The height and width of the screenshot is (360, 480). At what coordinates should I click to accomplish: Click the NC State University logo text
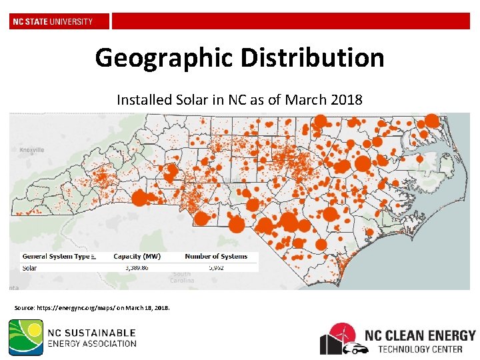tap(53, 21)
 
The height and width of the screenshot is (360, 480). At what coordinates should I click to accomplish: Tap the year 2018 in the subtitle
tap(346, 100)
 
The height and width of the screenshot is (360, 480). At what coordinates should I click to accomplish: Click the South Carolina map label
tap(181, 277)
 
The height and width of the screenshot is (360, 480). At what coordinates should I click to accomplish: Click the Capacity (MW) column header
tap(137, 256)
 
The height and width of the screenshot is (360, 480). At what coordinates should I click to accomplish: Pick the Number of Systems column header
tap(216, 256)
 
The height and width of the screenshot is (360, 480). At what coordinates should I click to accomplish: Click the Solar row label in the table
tap(30, 268)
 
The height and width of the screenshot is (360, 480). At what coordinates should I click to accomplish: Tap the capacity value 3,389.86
tap(136, 267)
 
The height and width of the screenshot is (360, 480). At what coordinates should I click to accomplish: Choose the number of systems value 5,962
tap(216, 267)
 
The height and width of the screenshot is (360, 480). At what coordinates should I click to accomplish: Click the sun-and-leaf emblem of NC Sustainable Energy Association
tap(26, 337)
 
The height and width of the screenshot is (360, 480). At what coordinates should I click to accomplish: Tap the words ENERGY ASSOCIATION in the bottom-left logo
tap(92, 344)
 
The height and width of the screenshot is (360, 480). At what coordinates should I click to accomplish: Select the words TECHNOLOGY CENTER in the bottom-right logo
tap(427, 349)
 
